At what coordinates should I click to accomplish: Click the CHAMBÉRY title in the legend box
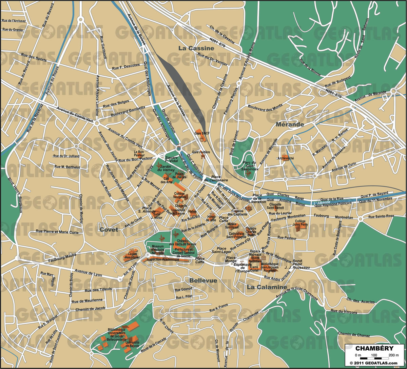(374, 348)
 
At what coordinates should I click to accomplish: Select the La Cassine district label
(196, 48)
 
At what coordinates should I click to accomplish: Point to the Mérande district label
(290, 124)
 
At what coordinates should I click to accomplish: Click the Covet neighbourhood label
(109, 230)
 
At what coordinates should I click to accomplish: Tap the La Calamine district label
(267, 287)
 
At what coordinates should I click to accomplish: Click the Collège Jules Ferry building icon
(300, 228)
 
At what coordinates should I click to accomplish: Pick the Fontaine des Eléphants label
(237, 213)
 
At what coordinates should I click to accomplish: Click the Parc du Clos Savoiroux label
(249, 165)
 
